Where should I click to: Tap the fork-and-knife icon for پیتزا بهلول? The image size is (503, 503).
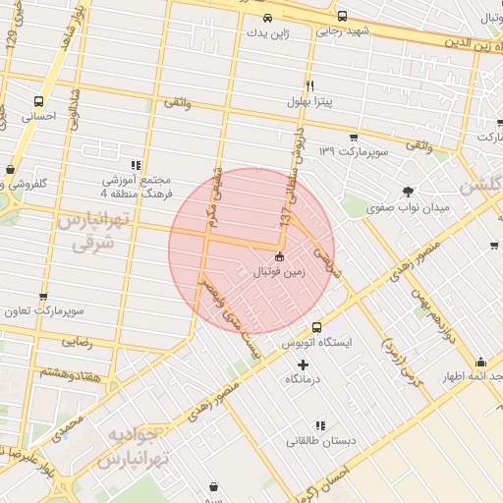[x=309, y=85]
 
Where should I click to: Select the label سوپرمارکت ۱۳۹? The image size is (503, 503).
[x=354, y=152]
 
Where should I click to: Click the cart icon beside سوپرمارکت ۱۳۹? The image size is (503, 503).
[x=354, y=137]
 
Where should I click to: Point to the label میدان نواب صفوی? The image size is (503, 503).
[x=403, y=208]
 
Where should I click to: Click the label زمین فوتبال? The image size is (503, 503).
[x=284, y=271]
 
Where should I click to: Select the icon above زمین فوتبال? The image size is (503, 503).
[x=280, y=256]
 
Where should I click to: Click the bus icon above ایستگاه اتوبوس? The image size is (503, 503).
[x=316, y=327]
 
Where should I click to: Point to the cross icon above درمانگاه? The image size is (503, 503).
[x=303, y=364]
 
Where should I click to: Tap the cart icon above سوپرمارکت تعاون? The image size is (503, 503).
[x=43, y=296]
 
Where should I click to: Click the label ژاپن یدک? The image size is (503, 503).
[x=268, y=32]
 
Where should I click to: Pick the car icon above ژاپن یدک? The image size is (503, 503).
[x=268, y=17]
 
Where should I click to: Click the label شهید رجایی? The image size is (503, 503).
[x=341, y=31]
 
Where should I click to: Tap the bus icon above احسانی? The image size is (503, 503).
[x=39, y=100]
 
